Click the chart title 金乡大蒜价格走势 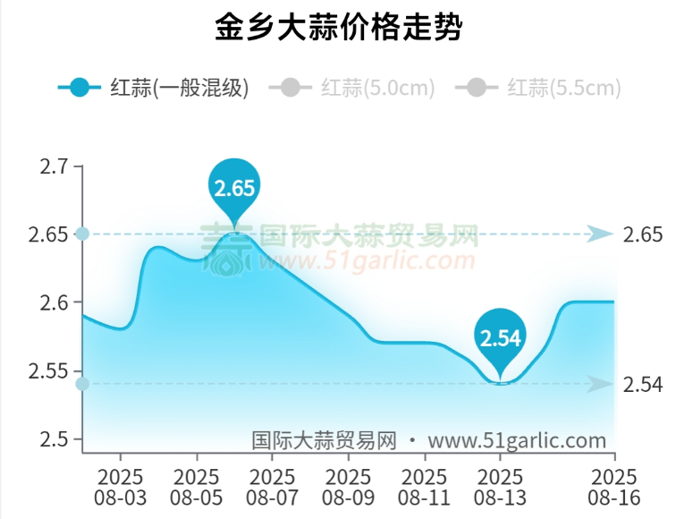click(x=338, y=29)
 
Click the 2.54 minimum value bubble click(x=500, y=338)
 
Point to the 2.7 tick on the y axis click(x=53, y=167)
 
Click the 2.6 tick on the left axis click(x=53, y=302)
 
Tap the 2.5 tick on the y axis click(x=53, y=438)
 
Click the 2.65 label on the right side click(x=644, y=234)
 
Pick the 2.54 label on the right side click(x=644, y=385)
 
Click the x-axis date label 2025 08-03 click(x=121, y=486)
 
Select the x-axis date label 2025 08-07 click(x=273, y=486)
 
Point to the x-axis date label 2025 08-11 click(x=425, y=486)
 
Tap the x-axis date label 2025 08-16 click(x=614, y=486)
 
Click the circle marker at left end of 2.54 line click(x=82, y=385)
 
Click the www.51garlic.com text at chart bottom click(x=517, y=440)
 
